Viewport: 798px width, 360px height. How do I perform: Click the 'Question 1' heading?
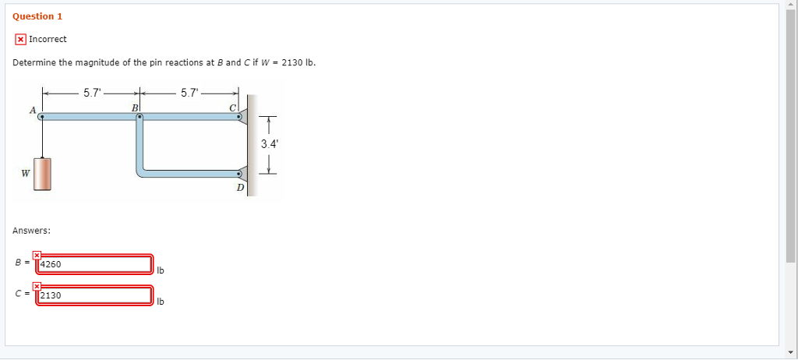click(x=37, y=16)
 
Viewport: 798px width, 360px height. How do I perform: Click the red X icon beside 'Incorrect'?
click(x=20, y=39)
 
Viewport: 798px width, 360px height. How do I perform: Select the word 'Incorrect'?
click(x=48, y=39)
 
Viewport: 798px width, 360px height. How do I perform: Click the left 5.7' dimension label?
click(x=91, y=93)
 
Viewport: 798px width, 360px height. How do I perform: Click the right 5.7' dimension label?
click(x=189, y=93)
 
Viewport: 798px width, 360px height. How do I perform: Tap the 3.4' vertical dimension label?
click(x=268, y=144)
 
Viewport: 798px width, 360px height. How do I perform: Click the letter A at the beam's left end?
click(x=32, y=111)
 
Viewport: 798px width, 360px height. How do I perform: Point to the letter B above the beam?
click(x=135, y=108)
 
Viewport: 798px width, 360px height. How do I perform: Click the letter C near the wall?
click(x=232, y=108)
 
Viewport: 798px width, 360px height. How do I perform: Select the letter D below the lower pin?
click(x=240, y=188)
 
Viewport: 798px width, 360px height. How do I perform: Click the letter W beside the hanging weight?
click(x=26, y=173)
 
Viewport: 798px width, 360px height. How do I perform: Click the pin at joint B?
click(x=139, y=118)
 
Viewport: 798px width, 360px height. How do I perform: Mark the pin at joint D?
click(x=239, y=175)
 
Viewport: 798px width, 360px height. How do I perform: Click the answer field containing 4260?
click(x=94, y=264)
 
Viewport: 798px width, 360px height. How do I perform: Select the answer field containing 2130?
click(x=94, y=295)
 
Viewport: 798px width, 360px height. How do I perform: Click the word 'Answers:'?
click(x=32, y=231)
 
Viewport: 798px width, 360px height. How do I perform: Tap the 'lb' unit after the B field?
click(x=161, y=271)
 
